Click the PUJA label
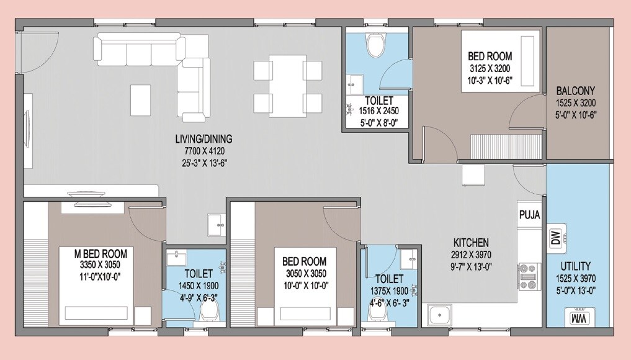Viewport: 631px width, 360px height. [529, 215]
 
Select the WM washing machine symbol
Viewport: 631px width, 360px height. [576, 318]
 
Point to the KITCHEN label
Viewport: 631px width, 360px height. [471, 242]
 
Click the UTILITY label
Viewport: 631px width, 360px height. [576, 265]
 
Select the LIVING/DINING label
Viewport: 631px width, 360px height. [203, 139]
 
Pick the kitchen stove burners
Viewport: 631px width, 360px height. [529, 277]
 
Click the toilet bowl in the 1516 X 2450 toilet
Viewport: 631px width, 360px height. [375, 44]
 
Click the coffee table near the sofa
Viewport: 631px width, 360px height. [141, 96]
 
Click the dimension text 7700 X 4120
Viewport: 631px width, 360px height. [203, 151]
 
